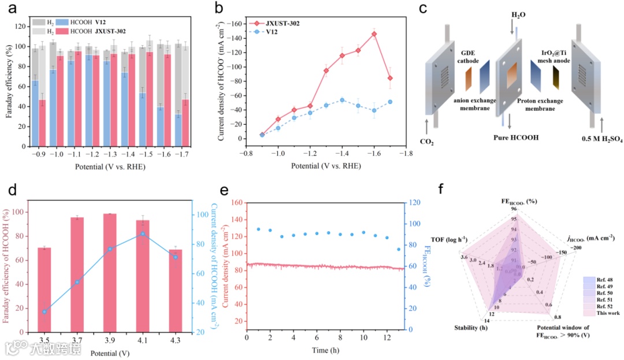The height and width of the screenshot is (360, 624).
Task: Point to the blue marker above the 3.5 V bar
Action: (x=44, y=311)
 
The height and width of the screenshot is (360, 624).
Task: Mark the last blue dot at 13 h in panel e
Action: (x=398, y=250)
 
